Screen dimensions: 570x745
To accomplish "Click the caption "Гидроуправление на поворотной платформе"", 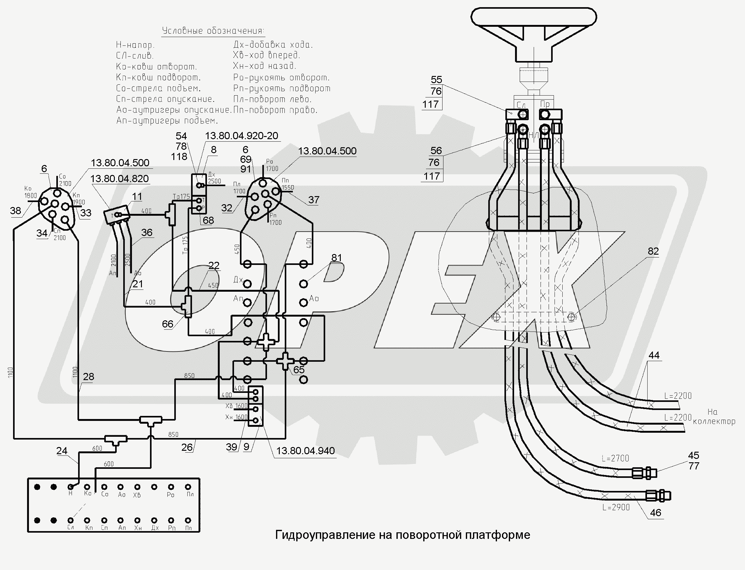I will [402, 535].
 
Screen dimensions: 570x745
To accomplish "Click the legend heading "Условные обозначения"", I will [213, 31].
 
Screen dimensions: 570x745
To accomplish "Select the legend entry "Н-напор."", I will [135, 45].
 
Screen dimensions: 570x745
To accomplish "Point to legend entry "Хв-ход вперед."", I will [266, 55].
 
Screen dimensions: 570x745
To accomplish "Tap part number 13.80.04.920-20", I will [241, 136].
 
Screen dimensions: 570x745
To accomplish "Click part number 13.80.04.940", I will [305, 450].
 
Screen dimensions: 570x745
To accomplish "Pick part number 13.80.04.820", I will [119, 178].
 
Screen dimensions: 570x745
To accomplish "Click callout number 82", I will [653, 251].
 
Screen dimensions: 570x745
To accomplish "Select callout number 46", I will [655, 513].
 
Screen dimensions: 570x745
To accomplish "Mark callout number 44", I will [654, 355].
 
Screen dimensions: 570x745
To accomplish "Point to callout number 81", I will [336, 258].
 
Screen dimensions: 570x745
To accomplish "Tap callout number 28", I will [88, 376].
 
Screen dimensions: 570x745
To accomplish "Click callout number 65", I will [299, 370].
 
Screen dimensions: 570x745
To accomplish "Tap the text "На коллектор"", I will [713, 417].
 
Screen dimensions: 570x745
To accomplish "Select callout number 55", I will [436, 80].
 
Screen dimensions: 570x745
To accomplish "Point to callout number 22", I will [213, 265].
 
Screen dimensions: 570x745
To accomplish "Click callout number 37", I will [314, 200].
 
